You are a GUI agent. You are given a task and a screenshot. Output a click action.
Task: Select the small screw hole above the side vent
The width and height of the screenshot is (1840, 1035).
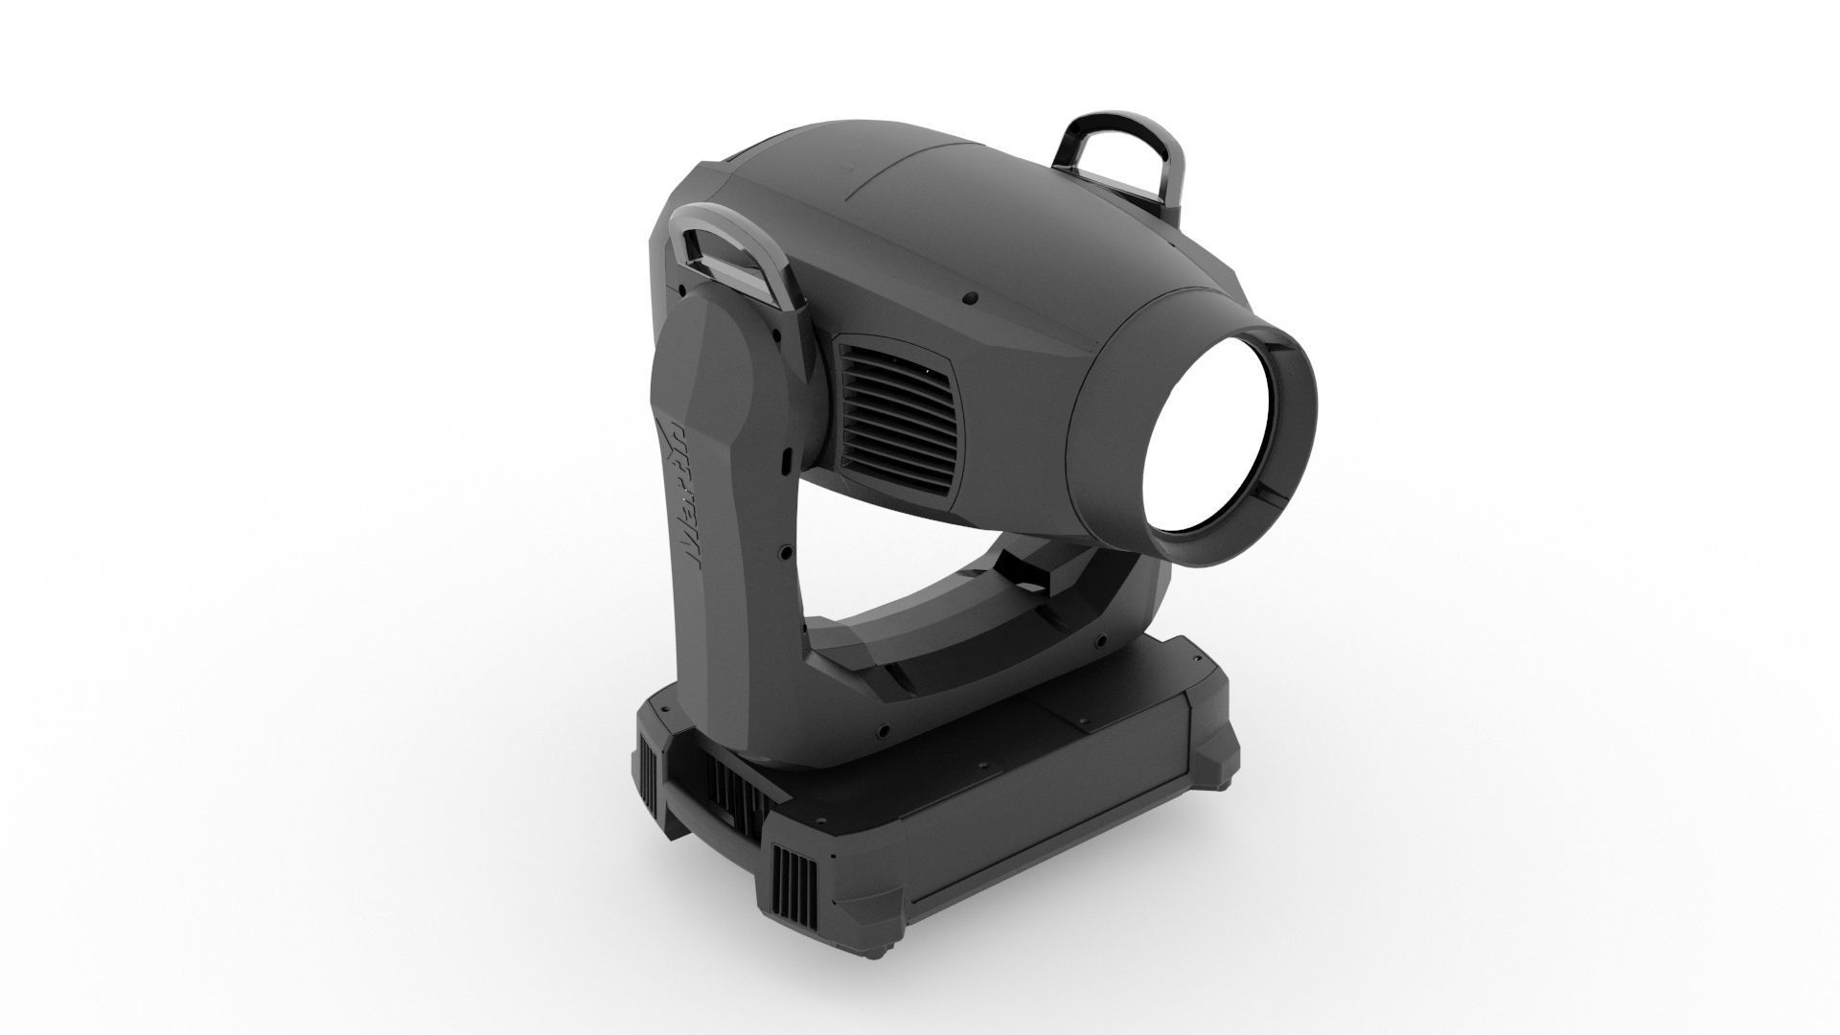coord(970,299)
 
